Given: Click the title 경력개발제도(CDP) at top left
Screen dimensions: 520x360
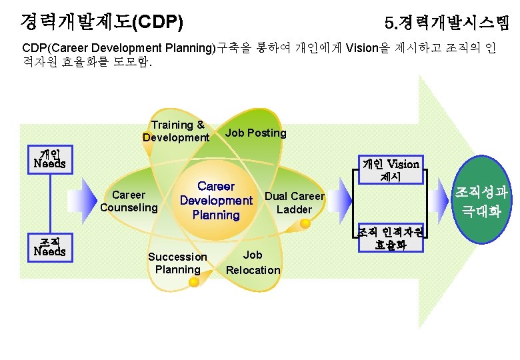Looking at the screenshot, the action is [x=101, y=23].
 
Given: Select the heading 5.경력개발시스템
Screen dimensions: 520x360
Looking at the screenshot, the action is [x=447, y=24].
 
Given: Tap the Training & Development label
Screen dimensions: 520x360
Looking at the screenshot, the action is [x=177, y=131].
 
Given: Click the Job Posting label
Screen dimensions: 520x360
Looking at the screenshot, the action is [x=255, y=133].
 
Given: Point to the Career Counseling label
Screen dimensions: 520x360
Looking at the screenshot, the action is [x=129, y=201].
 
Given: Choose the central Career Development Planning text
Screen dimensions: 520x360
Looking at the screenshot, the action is [x=216, y=200].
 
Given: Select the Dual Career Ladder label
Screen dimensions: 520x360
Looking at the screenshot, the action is [x=294, y=203].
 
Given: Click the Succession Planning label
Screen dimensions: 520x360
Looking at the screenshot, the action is [x=177, y=263].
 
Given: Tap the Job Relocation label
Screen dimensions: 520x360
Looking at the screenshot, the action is [x=253, y=262].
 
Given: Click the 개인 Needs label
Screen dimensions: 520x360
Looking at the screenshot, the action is [x=50, y=159].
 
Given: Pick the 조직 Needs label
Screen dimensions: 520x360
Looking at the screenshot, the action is [x=50, y=247].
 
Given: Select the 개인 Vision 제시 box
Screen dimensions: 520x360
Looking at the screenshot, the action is [x=390, y=170].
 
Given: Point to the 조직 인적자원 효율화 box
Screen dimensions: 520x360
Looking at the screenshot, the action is [x=391, y=238].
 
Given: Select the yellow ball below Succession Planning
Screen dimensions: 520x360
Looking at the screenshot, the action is [x=194, y=283].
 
